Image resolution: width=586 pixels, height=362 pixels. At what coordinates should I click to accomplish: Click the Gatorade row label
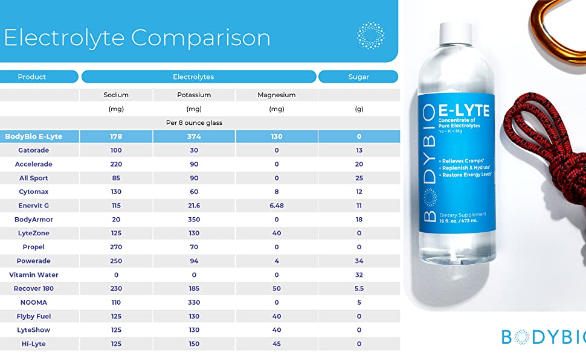pos(34,150)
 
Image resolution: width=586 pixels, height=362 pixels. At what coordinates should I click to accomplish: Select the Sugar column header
pos(358,77)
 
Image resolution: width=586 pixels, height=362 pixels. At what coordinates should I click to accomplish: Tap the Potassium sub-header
pos(194,95)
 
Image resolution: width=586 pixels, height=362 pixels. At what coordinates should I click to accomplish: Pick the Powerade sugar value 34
pos(359,261)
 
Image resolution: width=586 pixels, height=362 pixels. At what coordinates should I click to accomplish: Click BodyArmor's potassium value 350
pos(194,220)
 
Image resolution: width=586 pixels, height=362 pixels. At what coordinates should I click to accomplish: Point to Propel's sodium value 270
pos(116,247)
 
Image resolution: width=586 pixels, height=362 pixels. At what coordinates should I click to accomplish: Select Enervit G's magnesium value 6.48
pos(277,206)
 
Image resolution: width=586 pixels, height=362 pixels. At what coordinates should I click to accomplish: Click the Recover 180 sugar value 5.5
pos(359,288)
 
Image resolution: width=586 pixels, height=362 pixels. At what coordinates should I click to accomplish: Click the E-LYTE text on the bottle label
pos(464,110)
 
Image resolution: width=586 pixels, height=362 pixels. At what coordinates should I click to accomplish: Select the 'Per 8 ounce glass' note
pos(194,123)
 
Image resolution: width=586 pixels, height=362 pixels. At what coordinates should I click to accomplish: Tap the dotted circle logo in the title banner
pos(371,36)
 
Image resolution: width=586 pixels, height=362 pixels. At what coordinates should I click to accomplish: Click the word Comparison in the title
pos(201,38)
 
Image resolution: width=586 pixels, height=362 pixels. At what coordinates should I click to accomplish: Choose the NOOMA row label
pos(34,302)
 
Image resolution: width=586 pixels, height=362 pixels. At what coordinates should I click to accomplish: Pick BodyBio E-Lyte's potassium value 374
pos(194,136)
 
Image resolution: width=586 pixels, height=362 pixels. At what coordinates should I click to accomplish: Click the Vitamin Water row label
pos(34,275)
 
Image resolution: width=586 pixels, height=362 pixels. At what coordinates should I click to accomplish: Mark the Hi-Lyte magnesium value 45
pos(277,344)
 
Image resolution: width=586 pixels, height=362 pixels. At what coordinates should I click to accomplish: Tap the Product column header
pos(32,77)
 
